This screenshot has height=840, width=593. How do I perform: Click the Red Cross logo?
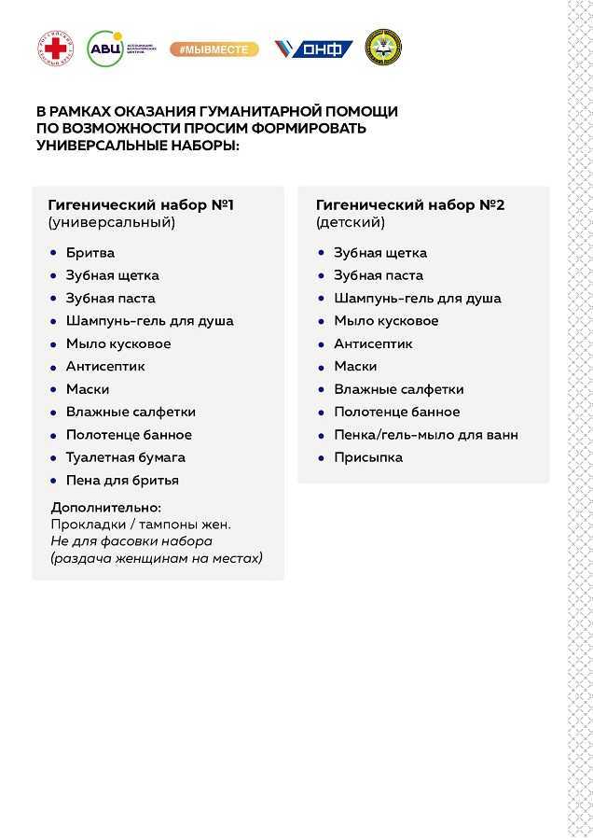pos(55,48)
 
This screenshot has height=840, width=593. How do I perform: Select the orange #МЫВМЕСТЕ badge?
pos(214,49)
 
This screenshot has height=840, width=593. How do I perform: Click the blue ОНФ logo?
pos(313,49)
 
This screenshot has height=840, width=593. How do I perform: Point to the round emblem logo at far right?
pos(383,48)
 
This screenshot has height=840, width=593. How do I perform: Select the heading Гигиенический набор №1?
pos(141,204)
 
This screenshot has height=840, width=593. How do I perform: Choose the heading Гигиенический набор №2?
pos(410,204)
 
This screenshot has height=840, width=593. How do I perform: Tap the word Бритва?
pos(90,253)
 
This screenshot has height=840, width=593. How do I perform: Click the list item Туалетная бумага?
pos(125,457)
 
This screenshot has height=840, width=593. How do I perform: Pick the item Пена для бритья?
pos(122,480)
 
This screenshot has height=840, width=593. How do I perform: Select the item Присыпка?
pos(368,457)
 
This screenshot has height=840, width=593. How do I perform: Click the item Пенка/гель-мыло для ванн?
pos(426,434)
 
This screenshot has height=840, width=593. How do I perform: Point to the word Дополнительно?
pos(105,508)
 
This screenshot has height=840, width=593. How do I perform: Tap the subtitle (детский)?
pos(350,223)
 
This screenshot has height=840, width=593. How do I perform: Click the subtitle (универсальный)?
pos(111,223)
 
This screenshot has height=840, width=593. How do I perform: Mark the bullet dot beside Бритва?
pos(53,253)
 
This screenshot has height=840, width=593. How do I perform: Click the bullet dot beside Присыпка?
pos(322,457)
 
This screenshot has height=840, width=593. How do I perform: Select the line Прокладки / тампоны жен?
pos(141,525)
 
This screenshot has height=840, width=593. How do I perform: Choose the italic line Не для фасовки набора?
pos(131,541)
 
